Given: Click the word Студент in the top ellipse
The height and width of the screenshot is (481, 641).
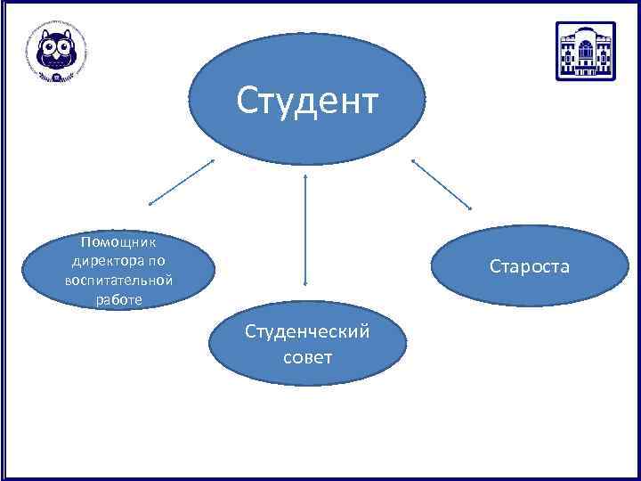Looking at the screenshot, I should coord(307,102).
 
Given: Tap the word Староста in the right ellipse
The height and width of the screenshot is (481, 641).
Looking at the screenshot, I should coord(529,266).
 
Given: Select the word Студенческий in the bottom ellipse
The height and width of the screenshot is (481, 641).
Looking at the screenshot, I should coord(307,332).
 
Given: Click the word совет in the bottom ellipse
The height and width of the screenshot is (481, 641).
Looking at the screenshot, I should coord(307,357).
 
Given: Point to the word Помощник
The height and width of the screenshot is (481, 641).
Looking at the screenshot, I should coord(118,242).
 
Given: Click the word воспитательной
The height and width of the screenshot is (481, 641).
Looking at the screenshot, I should coord(118,281).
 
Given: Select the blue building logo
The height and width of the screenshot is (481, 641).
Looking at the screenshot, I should coord(585,51).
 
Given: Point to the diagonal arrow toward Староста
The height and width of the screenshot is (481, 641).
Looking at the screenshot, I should coord(442,184).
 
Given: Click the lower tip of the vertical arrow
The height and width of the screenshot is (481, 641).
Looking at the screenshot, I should coord(306,285).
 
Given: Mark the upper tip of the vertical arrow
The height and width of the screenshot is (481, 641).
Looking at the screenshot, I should coord(306,175).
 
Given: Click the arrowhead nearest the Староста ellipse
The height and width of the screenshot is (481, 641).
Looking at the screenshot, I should coord(470,209).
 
